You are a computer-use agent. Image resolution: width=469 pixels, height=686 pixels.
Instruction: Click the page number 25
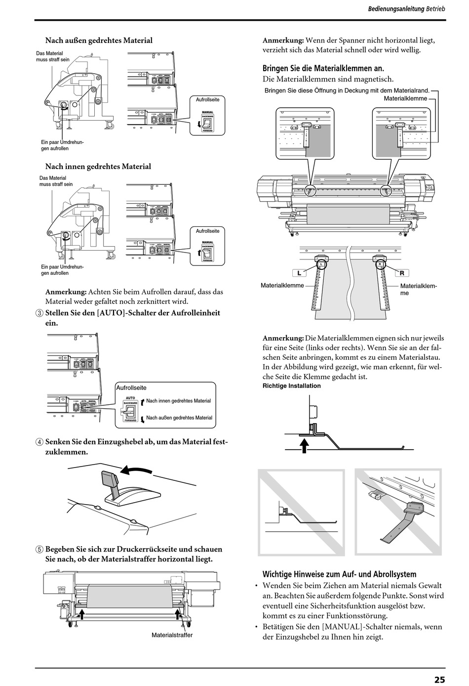pyautogui.click(x=439, y=680)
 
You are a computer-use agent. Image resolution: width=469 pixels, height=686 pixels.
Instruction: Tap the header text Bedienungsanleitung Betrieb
pyautogui.click(x=406, y=9)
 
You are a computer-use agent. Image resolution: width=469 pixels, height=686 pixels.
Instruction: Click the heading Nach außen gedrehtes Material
pyautogui.click(x=99, y=41)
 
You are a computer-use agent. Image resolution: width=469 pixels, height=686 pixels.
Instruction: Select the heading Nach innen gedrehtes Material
pyautogui.click(x=98, y=167)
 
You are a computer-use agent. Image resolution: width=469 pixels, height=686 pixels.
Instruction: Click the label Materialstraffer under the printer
pyautogui.click(x=172, y=635)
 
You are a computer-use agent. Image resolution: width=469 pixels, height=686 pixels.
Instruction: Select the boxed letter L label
pyautogui.click(x=299, y=273)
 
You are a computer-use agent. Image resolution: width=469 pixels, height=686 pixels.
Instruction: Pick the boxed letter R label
pyautogui.click(x=402, y=273)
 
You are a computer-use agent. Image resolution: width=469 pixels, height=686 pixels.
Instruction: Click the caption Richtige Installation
pyautogui.click(x=291, y=386)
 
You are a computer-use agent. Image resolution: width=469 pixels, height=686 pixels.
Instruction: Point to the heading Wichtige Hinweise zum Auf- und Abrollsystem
pyautogui.click(x=339, y=574)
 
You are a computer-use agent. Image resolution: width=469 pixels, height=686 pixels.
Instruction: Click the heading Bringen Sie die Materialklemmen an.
pyautogui.click(x=323, y=69)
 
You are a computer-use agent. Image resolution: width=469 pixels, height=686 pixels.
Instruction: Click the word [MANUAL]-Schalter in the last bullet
pyautogui.click(x=350, y=627)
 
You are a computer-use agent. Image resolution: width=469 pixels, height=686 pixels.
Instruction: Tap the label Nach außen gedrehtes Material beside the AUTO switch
pyautogui.click(x=179, y=418)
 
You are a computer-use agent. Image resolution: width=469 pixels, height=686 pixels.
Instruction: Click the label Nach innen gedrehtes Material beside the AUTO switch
pyautogui.click(x=178, y=401)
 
